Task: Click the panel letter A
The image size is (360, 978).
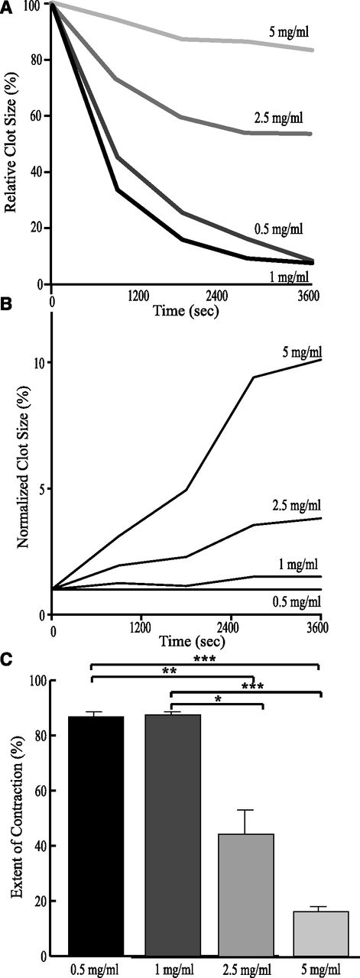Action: click(6, 6)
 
